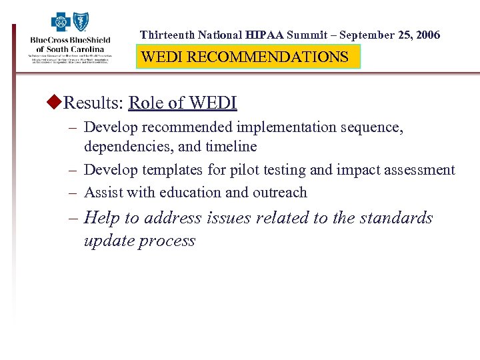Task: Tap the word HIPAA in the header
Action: [x=264, y=35]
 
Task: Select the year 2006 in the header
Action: [x=427, y=35]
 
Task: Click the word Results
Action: [x=92, y=103]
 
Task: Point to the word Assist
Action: [x=103, y=193]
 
